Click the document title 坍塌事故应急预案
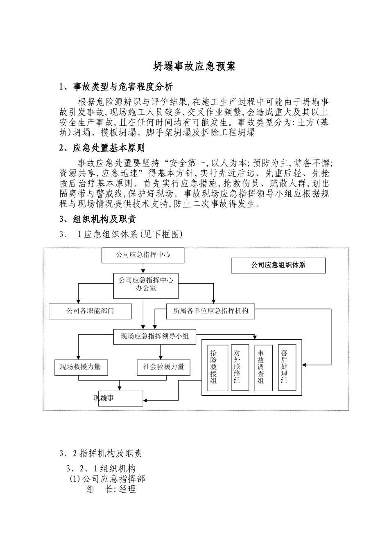(x=194, y=67)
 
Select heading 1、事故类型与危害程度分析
(x=116, y=87)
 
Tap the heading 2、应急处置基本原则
(x=102, y=148)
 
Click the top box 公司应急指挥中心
(x=143, y=255)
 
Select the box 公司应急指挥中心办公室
(x=146, y=284)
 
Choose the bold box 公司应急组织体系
(x=278, y=265)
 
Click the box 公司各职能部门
(x=90, y=311)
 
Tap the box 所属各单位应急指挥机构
(x=210, y=311)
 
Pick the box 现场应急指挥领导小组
(x=155, y=336)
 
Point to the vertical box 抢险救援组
(x=217, y=367)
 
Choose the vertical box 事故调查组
(x=264, y=367)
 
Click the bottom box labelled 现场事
(x=121, y=398)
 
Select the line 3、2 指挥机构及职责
(x=101, y=453)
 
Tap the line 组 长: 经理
(x=111, y=489)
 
